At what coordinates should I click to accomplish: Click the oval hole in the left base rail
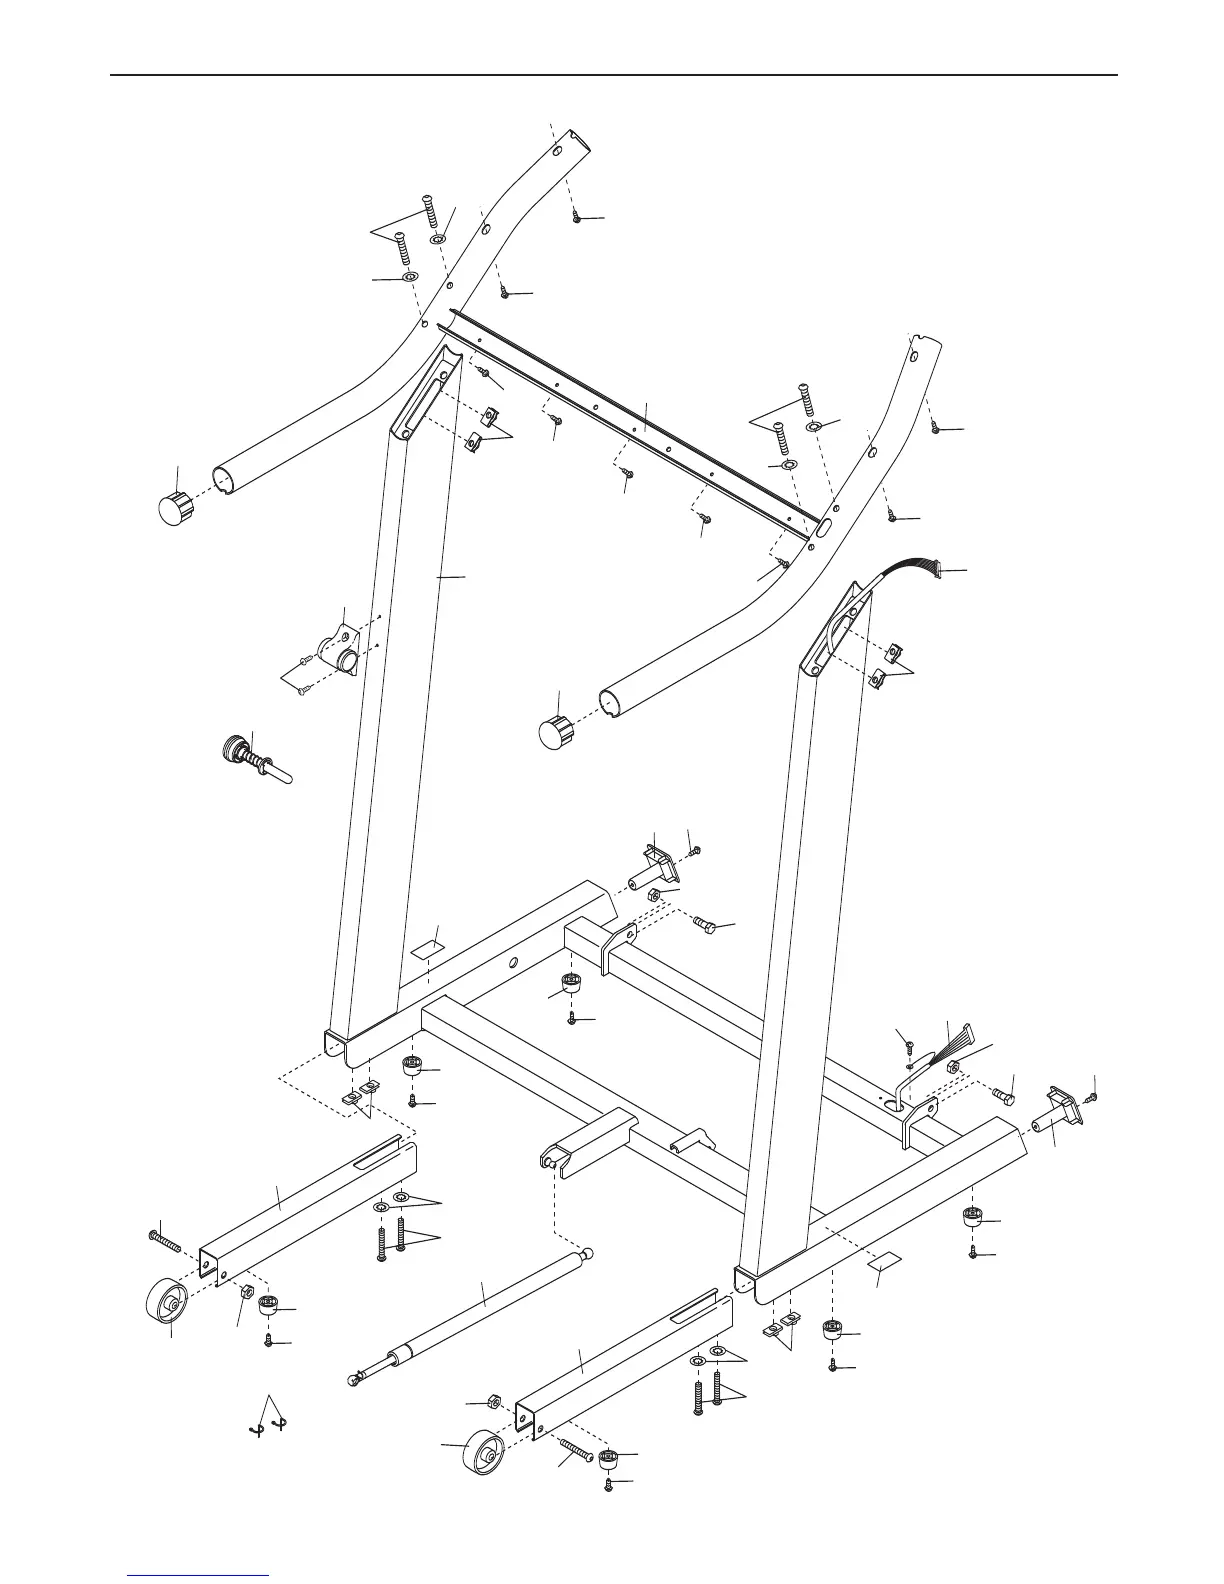(x=512, y=962)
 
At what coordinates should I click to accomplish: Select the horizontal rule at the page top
(x=612, y=75)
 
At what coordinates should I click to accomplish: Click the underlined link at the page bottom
(x=200, y=1576)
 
